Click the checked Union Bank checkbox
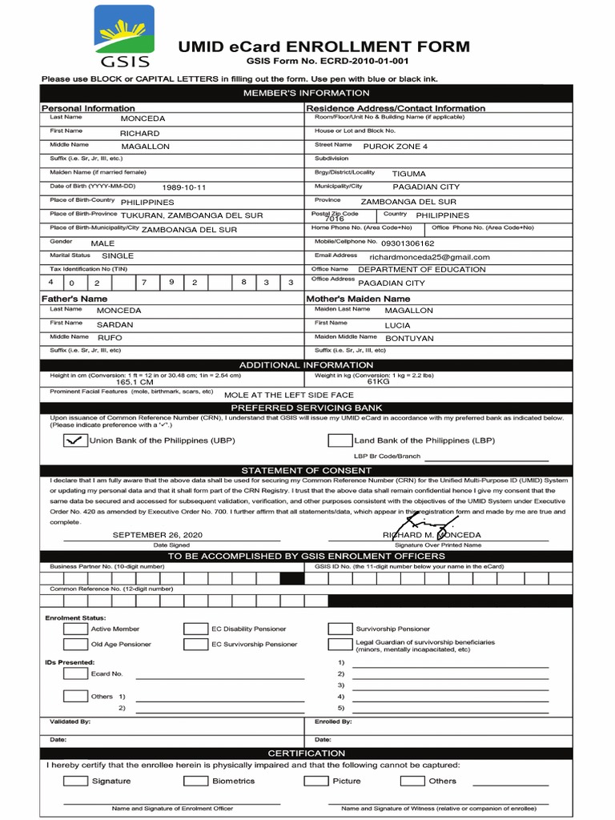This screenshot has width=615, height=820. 75,440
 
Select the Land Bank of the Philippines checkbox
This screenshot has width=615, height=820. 340,440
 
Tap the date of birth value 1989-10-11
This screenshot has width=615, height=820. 184,187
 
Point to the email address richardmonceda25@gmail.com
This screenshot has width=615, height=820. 424,257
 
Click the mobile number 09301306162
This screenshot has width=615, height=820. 408,243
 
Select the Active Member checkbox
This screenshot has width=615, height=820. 75,629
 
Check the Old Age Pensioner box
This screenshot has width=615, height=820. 75,644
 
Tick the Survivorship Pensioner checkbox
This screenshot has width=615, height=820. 340,629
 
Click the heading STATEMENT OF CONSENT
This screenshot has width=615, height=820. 307,470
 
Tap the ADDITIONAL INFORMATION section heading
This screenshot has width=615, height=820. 307,365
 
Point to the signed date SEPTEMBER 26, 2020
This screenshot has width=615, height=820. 158,534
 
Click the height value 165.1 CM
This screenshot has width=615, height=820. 135,383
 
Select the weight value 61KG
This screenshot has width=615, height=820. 378,382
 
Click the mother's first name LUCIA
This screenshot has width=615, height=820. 397,326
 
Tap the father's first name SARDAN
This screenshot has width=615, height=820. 115,326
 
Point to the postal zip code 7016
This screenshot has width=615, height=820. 335,219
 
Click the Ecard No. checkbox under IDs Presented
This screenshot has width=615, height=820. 75,673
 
